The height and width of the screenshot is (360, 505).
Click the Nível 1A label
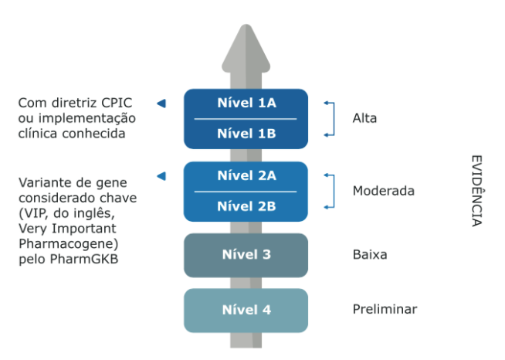[246, 104]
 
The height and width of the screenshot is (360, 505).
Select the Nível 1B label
[246, 134]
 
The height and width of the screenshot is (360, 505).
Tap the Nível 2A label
[246, 175]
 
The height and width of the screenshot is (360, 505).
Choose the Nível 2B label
[246, 206]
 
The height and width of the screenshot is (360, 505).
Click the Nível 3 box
[246, 255]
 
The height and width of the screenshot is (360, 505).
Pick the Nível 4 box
[246, 311]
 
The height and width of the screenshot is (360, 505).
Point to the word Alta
[364, 118]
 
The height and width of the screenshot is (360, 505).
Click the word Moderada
[384, 191]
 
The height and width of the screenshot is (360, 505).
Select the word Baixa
[370, 255]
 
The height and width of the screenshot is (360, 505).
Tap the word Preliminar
[385, 310]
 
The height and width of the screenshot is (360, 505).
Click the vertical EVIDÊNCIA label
[477, 191]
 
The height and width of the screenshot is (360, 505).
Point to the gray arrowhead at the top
[246, 48]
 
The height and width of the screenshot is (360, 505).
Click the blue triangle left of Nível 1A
[161, 104]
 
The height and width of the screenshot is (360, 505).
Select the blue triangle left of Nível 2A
[161, 176]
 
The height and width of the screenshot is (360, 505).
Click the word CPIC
[117, 104]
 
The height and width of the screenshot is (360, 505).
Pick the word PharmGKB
[84, 259]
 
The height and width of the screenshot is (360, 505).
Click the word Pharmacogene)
[69, 244]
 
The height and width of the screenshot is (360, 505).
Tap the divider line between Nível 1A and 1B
[246, 119]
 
